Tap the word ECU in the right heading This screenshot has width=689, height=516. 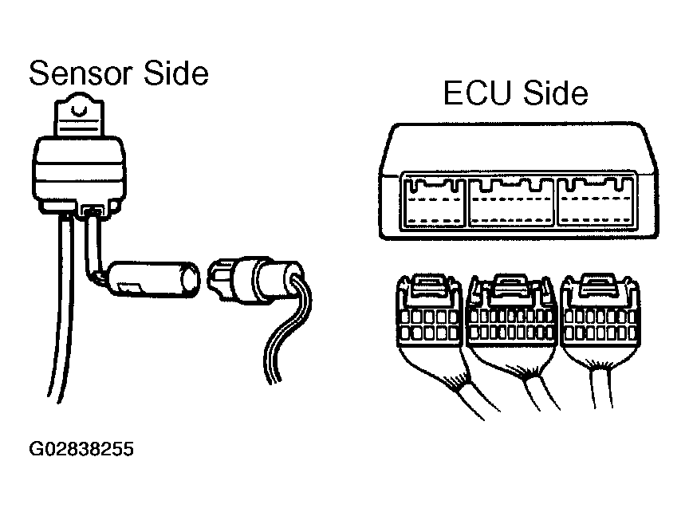click(476, 94)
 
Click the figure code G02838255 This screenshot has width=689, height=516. click(81, 450)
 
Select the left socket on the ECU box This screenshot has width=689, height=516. click(434, 203)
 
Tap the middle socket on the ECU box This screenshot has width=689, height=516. click(511, 203)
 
